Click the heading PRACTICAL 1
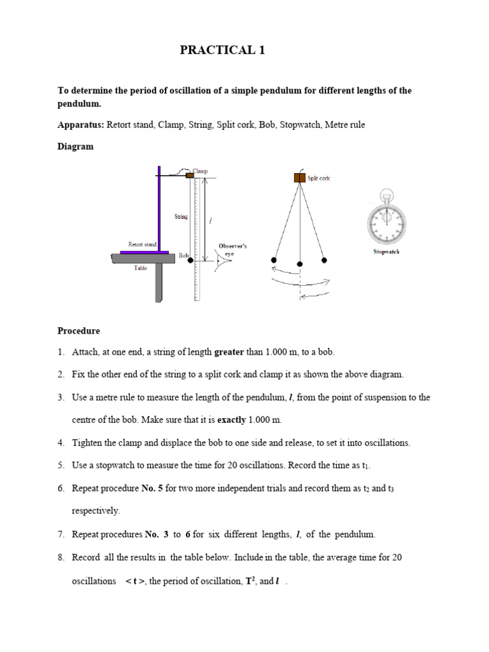tap(222, 51)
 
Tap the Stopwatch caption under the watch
tap(386, 252)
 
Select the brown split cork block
tap(299, 178)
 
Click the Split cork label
tap(319, 178)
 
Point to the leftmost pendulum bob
tap(274, 260)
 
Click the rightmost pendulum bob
tap(324, 260)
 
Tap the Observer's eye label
tap(232, 249)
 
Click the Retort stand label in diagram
tap(142, 244)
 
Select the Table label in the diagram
tap(140, 268)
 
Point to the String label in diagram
tap(181, 217)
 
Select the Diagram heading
tap(75, 146)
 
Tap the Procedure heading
tap(79, 331)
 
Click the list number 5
tap(61, 465)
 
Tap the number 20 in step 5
tap(232, 465)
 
